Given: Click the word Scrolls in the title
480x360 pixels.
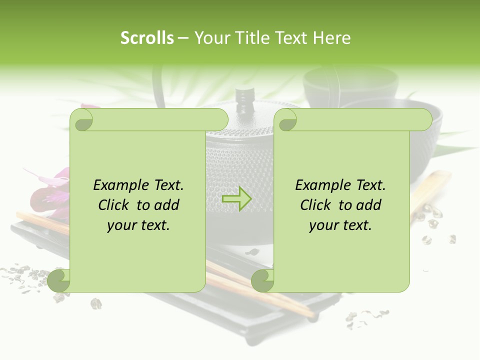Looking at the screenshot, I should click(x=147, y=38).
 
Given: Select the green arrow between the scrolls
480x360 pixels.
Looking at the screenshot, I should click(x=236, y=198).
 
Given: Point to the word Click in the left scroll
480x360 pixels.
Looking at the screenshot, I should click(x=115, y=205).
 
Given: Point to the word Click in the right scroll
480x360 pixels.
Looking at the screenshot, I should click(x=317, y=205).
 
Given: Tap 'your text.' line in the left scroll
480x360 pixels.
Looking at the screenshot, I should click(x=138, y=225).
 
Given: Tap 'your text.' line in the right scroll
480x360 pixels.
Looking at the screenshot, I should click(x=340, y=225).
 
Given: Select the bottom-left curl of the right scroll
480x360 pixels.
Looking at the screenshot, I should click(x=262, y=280).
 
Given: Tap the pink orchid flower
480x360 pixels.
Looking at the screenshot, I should click(x=47, y=192).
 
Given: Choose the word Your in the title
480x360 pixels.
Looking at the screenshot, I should click(x=209, y=38).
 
